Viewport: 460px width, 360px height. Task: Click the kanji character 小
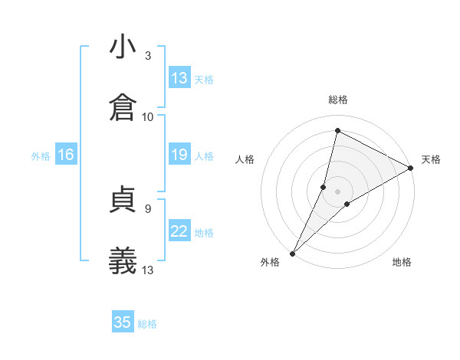pos(123,47)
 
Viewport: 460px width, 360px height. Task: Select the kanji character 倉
pos(123,106)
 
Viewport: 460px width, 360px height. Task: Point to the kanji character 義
pos(123,260)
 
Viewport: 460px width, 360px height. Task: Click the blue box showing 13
pos(179,78)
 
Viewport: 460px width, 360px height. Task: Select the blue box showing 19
pos(179,155)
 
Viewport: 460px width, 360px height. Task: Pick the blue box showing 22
pos(179,231)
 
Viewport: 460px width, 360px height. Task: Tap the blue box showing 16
pos(65,155)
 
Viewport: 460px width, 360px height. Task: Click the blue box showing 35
pos(123,322)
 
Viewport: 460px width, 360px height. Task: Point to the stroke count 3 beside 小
pos(148,56)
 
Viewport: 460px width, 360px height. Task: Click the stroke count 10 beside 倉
pos(148,116)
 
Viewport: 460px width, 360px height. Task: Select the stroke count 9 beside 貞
pos(147,208)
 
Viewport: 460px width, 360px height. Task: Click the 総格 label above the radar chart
pos(338,100)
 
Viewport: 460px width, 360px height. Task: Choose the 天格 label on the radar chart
pos(431,159)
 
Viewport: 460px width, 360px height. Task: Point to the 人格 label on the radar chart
pos(245,159)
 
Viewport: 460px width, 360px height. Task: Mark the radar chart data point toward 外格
pos(292,253)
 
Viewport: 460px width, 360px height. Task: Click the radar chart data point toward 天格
pos(410,168)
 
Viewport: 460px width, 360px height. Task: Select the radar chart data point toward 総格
pos(337,130)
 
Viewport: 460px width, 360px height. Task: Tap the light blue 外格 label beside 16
pos(41,156)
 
